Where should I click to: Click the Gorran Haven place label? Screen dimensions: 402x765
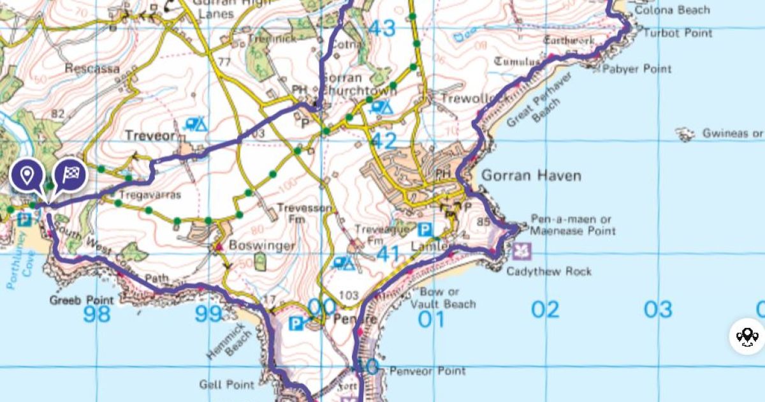click(x=531, y=175)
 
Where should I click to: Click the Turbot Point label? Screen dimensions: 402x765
click(x=677, y=33)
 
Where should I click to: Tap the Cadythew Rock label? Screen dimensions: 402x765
click(x=549, y=271)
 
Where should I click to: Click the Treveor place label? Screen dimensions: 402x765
click(x=149, y=135)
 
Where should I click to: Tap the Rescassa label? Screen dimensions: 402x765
click(x=92, y=68)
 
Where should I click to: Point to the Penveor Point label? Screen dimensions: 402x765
click(x=427, y=371)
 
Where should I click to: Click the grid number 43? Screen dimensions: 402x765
click(x=382, y=29)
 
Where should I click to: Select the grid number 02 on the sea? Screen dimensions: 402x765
click(x=545, y=310)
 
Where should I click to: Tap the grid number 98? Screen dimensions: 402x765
click(x=96, y=314)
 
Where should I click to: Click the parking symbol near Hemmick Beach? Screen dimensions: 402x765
click(x=296, y=324)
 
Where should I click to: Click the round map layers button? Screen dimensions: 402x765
click(x=747, y=336)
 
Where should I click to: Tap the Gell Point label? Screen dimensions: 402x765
click(x=227, y=385)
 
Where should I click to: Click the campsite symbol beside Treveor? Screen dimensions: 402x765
click(x=196, y=124)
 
